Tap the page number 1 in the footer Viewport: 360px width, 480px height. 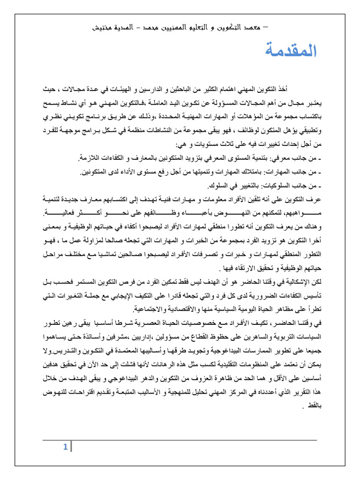pyautogui.click(x=65, y=447)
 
